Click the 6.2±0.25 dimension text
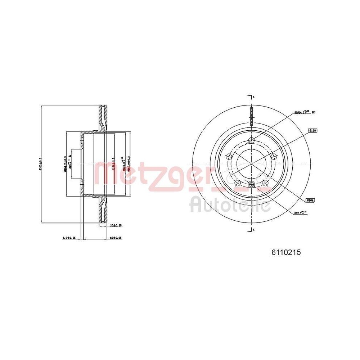[69, 238]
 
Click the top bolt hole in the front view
[252, 140]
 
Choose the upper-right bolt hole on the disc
[274, 156]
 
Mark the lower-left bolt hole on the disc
[238, 183]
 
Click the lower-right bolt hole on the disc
[266, 183]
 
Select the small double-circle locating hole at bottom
[252, 185]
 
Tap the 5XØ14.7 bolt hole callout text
[302, 112]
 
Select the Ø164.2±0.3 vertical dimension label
[65, 164]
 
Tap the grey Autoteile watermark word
[230, 205]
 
